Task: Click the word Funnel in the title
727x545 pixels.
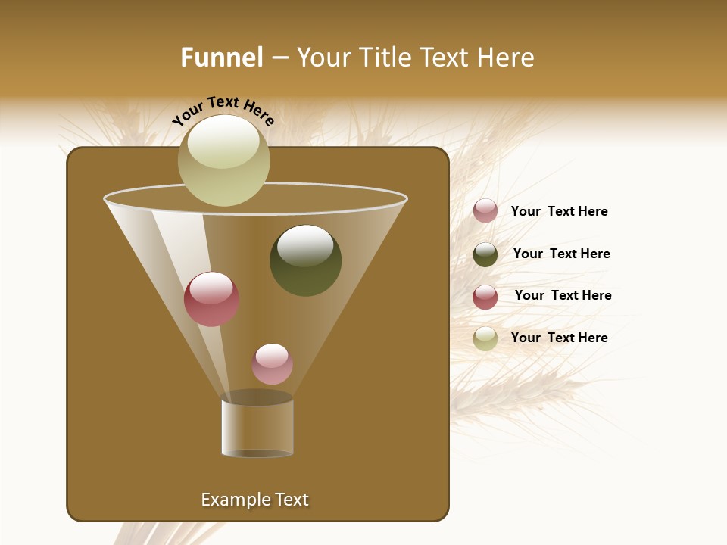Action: tap(221, 58)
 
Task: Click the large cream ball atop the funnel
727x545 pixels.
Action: tap(223, 160)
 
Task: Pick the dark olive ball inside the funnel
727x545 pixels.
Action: tap(305, 260)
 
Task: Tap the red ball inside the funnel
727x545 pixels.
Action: tap(211, 299)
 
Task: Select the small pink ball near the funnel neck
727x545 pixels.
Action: tap(272, 364)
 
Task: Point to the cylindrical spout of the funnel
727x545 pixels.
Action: tap(257, 428)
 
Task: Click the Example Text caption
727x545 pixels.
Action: tap(254, 500)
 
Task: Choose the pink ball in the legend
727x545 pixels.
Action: tap(485, 211)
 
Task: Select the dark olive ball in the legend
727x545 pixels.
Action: tap(485, 254)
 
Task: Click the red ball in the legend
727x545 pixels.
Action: tap(485, 297)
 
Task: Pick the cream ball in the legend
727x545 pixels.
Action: tap(485, 338)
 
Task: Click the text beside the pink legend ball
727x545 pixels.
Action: tap(559, 211)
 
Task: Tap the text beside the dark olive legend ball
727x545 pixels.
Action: tap(561, 254)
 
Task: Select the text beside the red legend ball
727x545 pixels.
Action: tap(563, 295)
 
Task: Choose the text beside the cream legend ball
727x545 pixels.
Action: tap(559, 338)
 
